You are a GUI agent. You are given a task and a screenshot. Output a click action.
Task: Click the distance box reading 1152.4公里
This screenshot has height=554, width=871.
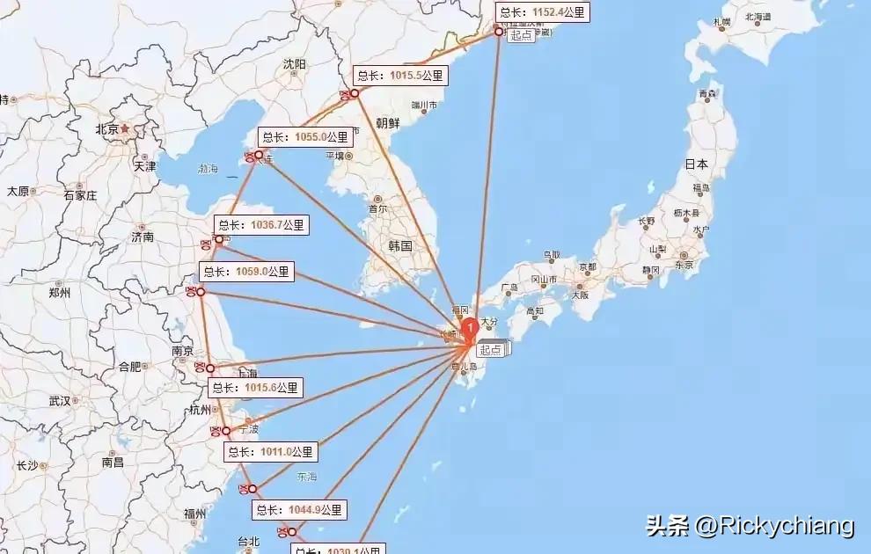pyautogui.click(x=541, y=12)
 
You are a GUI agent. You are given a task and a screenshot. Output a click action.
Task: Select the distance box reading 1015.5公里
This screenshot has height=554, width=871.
pyautogui.click(x=400, y=76)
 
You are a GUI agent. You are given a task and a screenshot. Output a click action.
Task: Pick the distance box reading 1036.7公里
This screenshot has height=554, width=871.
pyautogui.click(x=262, y=225)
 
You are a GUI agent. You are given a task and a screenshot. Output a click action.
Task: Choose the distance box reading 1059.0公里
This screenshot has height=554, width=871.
pyautogui.click(x=246, y=272)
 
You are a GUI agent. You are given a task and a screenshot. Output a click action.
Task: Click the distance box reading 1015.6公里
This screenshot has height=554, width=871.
pyautogui.click(x=256, y=387)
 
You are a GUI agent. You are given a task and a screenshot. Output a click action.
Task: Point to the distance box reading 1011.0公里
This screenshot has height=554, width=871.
pyautogui.click(x=270, y=452)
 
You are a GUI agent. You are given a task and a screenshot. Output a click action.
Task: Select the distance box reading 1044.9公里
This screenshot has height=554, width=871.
pyautogui.click(x=300, y=509)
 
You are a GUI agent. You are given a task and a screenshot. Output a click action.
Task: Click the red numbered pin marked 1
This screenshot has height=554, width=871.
pyautogui.click(x=471, y=326)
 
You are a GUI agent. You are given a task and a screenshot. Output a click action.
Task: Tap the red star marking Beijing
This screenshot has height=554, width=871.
pyautogui.click(x=125, y=128)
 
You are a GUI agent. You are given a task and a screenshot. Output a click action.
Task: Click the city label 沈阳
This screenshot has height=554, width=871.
pyautogui.click(x=295, y=64)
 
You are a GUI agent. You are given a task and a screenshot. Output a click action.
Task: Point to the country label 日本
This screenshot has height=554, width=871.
pyautogui.click(x=697, y=164)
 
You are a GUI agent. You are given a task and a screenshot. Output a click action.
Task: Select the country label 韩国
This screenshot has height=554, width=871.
pyautogui.click(x=400, y=245)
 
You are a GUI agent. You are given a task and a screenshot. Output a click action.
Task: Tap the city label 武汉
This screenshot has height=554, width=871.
pyautogui.click(x=60, y=401)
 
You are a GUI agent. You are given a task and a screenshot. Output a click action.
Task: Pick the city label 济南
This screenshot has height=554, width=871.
pyautogui.click(x=143, y=237)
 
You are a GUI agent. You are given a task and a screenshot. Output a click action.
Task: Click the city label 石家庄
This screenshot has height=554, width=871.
pyautogui.click(x=80, y=195)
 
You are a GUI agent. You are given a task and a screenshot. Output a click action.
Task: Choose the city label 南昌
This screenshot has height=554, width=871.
pyautogui.click(x=113, y=462)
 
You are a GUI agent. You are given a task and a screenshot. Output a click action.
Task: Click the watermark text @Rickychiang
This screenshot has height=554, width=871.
pyautogui.click(x=774, y=526)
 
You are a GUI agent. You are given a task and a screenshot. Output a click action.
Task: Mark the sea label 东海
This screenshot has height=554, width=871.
pyautogui.click(x=306, y=477)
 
